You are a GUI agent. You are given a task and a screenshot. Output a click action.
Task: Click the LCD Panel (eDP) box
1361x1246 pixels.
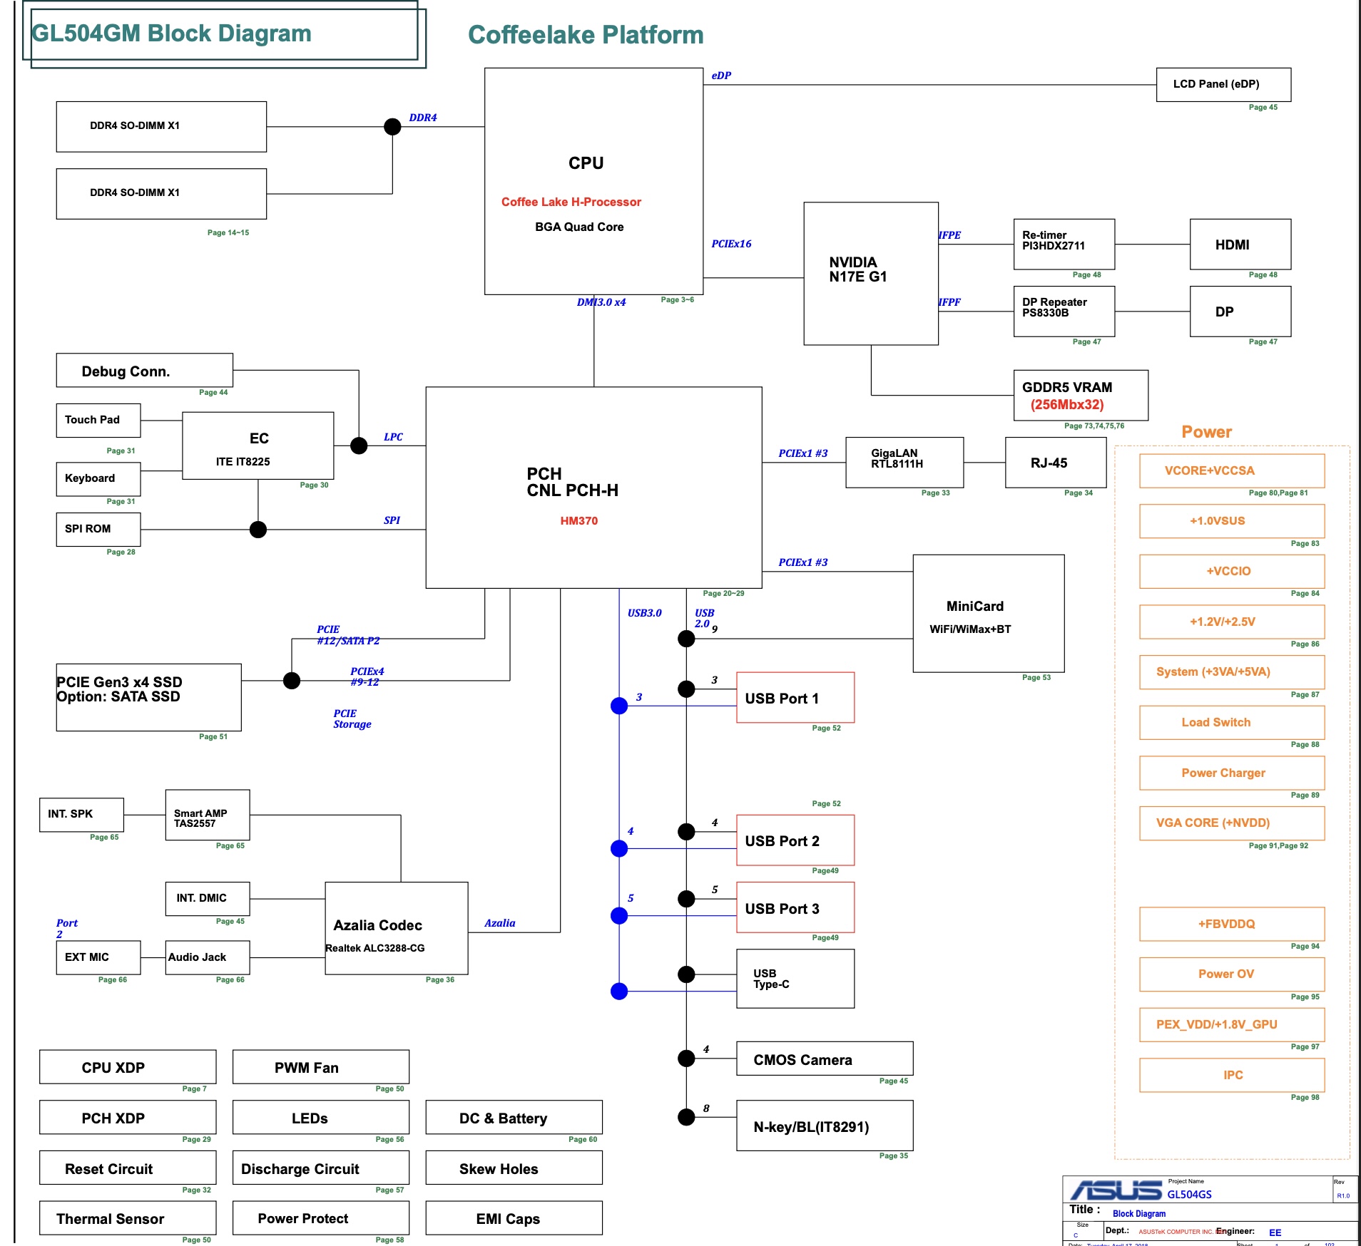pos(1223,85)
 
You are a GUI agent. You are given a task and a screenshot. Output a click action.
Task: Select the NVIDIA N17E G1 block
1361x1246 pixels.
pos(870,273)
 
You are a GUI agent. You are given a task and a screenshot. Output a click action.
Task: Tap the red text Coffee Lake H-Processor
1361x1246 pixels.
pos(571,202)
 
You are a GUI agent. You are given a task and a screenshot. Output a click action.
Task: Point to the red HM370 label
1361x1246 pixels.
pos(578,521)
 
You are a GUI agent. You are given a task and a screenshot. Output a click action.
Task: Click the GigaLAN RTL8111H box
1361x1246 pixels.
pos(904,462)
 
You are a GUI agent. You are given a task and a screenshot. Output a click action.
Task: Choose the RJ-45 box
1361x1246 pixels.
pos(1055,462)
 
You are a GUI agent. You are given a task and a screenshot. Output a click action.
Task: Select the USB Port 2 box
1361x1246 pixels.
pos(795,840)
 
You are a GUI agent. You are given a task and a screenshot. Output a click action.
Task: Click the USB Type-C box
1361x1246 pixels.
pos(795,978)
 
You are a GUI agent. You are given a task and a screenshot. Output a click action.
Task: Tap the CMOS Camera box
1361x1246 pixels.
pos(824,1059)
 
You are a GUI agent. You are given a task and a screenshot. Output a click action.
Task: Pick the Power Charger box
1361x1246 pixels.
pos(1231,773)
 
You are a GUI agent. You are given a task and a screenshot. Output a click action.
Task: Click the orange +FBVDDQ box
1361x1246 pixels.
pos(1231,924)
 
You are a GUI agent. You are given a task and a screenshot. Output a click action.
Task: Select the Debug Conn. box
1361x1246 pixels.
pos(144,371)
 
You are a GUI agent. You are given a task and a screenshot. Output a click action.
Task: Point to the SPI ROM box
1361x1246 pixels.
pos(98,529)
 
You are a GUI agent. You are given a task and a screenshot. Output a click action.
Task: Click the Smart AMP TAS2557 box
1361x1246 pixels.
pos(207,815)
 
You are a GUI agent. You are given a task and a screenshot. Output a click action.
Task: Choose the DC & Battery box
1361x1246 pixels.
pos(514,1117)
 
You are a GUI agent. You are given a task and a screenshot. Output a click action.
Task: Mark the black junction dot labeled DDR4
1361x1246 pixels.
pos(392,127)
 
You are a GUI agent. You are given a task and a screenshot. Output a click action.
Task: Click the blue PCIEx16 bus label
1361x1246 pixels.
pos(731,244)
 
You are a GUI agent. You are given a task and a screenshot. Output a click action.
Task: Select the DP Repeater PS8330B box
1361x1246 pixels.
pos(1064,311)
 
